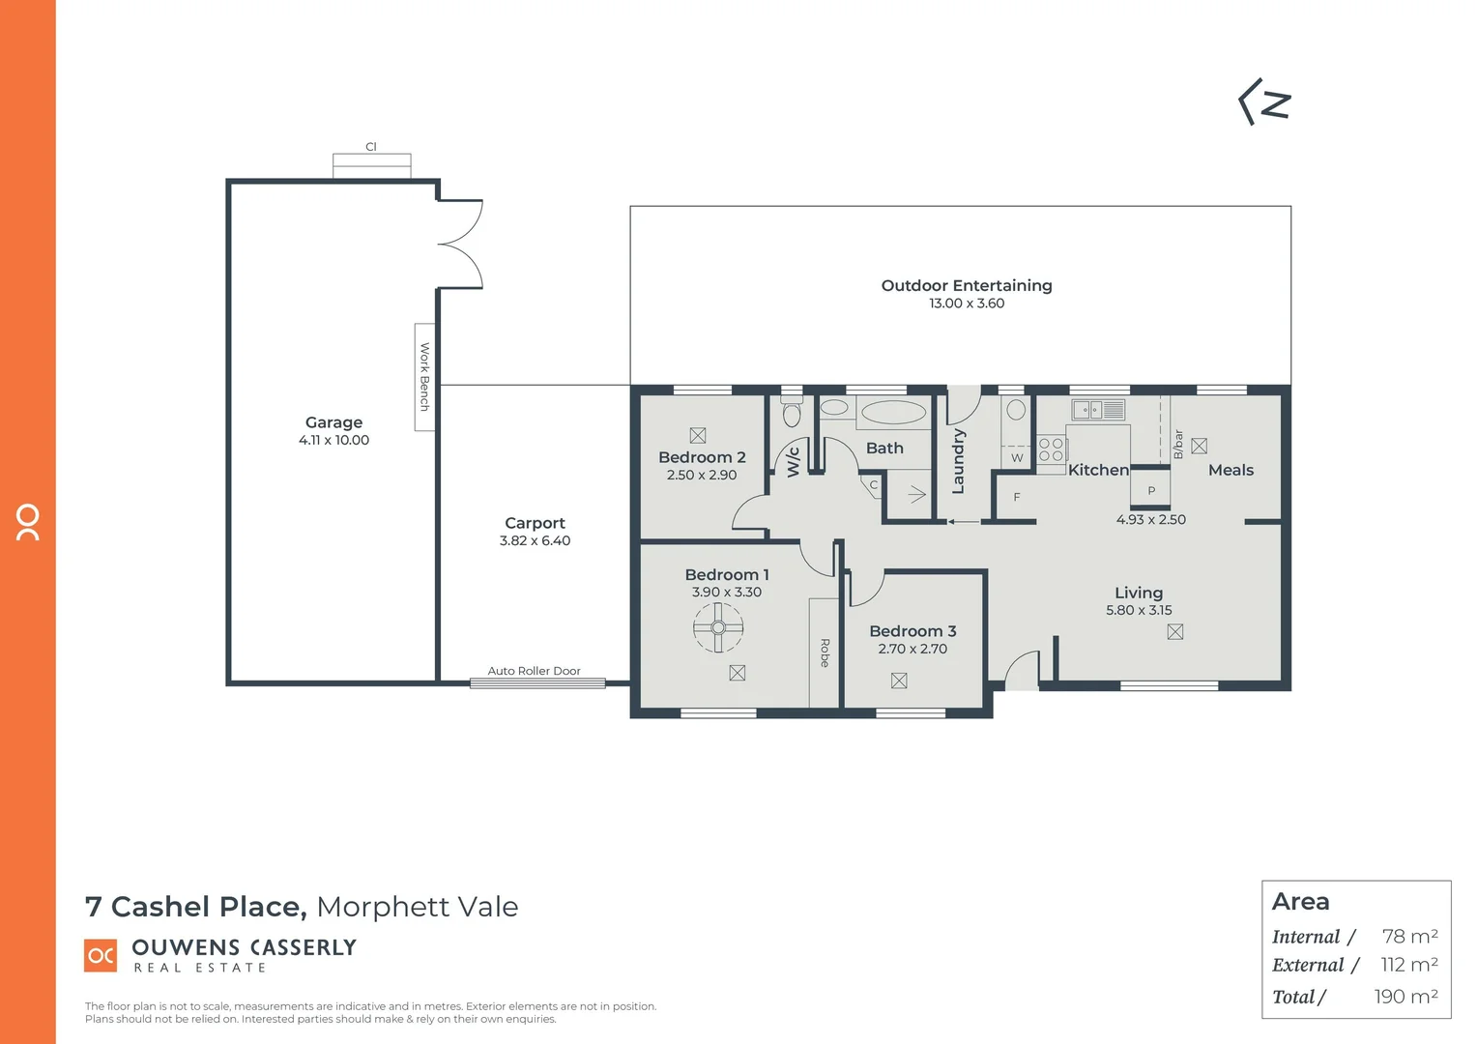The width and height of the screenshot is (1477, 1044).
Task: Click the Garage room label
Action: (333, 422)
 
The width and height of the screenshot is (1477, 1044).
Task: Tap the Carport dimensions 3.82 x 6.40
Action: (535, 541)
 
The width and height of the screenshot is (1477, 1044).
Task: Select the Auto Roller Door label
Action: (534, 671)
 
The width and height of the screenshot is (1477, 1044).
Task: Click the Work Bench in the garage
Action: (424, 377)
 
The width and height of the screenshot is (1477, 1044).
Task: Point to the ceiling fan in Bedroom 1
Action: (718, 627)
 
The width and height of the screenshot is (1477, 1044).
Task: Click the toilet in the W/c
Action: (792, 413)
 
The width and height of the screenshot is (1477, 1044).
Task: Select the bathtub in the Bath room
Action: (893, 412)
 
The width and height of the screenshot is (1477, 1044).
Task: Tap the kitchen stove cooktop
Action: (1051, 449)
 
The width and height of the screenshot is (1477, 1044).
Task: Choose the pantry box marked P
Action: (1150, 490)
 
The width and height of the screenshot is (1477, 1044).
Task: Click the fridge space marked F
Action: (1016, 497)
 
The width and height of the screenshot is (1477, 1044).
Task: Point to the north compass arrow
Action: (1265, 102)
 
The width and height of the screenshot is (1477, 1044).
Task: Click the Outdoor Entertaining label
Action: (966, 285)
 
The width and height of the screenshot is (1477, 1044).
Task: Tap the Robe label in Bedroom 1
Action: (825, 652)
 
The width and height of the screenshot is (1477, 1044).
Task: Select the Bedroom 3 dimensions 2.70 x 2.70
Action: (912, 650)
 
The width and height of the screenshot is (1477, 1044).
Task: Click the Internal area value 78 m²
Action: (1409, 936)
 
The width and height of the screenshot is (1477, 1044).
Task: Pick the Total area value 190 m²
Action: (1405, 997)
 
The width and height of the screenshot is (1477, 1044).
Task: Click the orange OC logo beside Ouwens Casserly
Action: (101, 955)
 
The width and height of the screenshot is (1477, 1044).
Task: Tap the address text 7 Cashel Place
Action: (195, 907)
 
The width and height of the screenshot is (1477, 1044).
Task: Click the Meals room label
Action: (1231, 470)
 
